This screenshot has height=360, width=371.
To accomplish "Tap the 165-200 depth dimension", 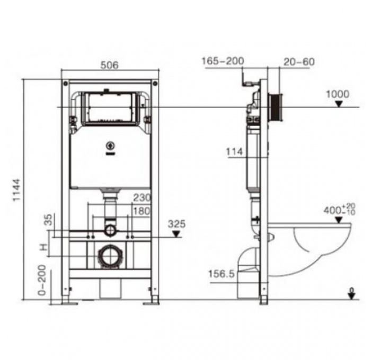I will pyautogui.click(x=222, y=61).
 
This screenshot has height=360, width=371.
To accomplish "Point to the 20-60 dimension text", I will pyautogui.click(x=299, y=61).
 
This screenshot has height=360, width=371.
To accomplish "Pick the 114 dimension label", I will pyautogui.click(x=234, y=152).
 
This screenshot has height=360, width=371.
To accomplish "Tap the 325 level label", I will pyautogui.click(x=176, y=224).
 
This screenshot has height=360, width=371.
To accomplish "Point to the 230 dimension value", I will pyautogui.click(x=142, y=197).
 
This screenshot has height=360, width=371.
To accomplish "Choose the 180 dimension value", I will pyautogui.click(x=142, y=210).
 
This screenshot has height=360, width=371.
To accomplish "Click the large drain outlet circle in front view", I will pyautogui.click(x=110, y=257).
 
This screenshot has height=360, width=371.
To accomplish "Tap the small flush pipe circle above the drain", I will pyautogui.click(x=110, y=230).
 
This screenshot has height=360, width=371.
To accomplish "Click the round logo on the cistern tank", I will pyautogui.click(x=111, y=144).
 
